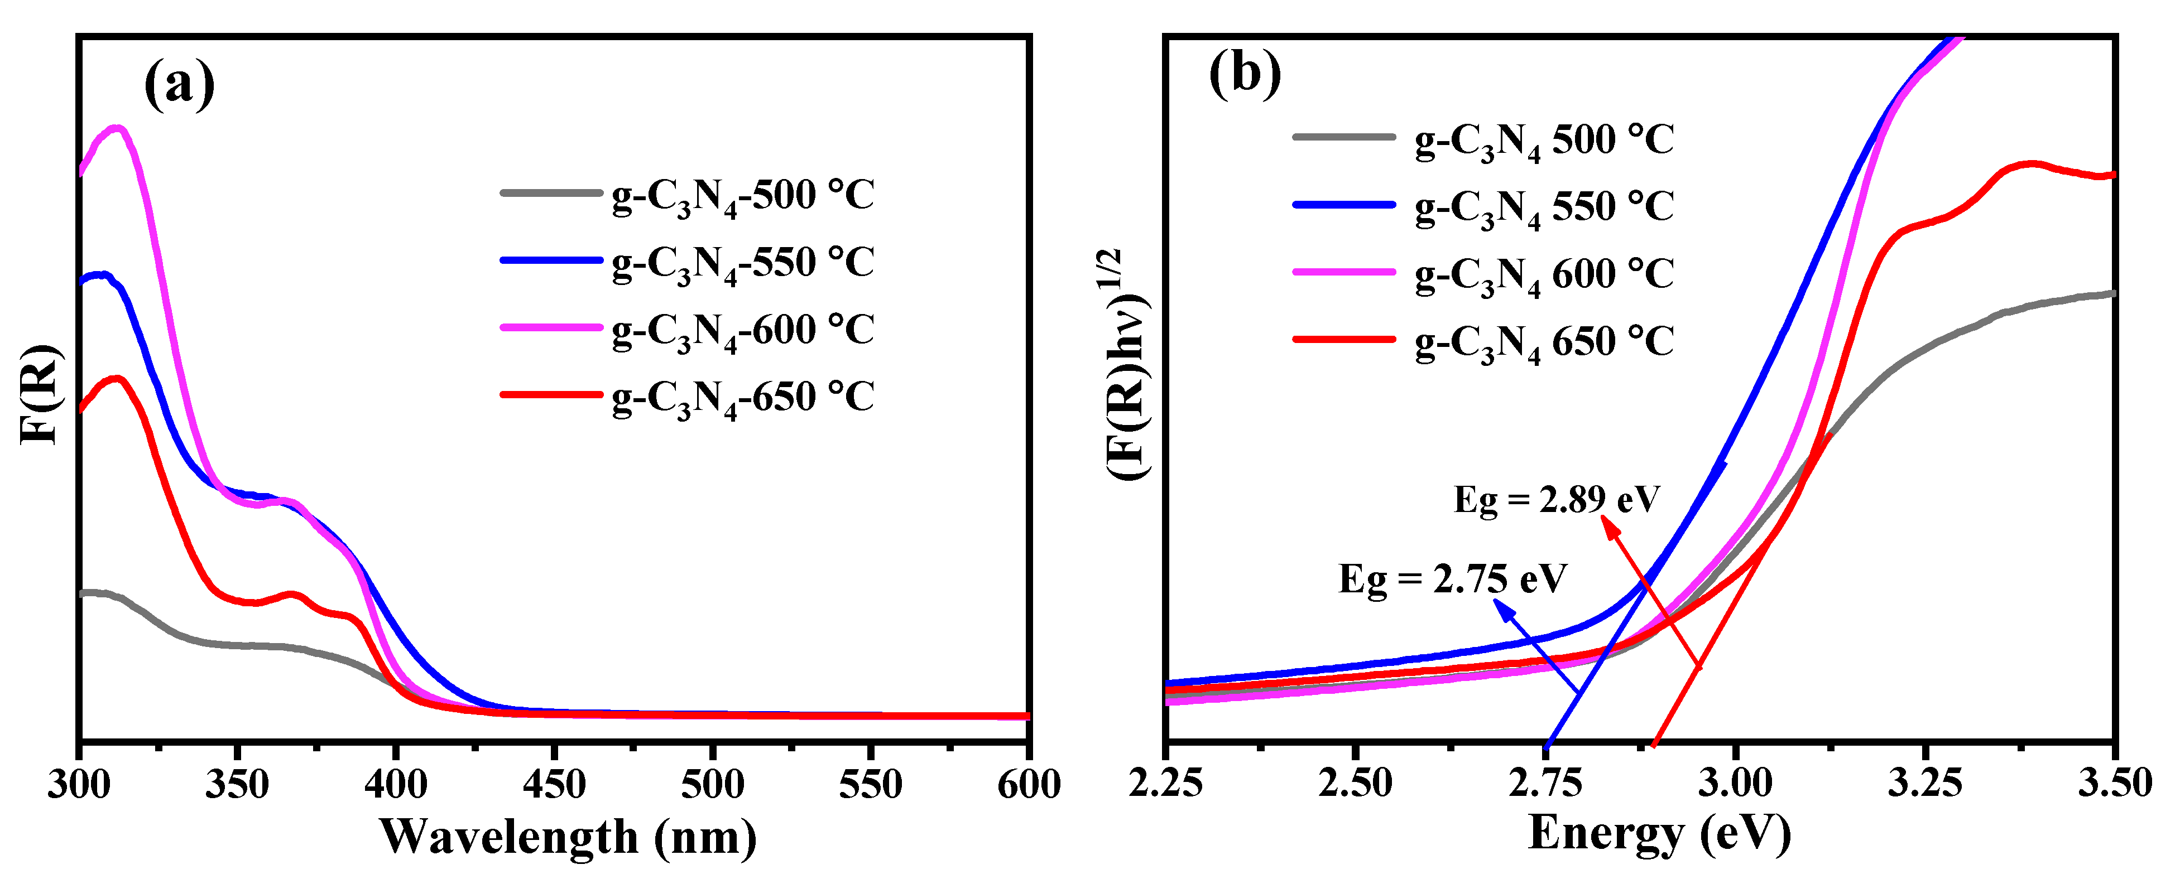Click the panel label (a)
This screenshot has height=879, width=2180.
(x=179, y=85)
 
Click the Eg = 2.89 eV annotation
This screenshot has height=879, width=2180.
(x=1556, y=500)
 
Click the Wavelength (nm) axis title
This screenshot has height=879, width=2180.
(x=568, y=837)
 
